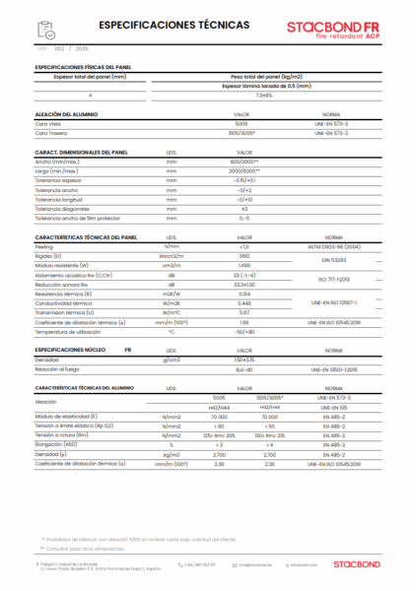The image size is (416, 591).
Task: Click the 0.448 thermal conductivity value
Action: (243, 302)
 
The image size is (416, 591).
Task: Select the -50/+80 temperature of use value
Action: (243, 330)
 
